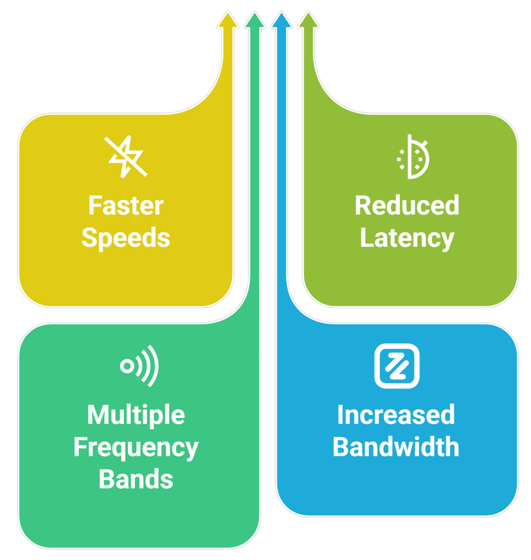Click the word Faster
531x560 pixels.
(x=126, y=206)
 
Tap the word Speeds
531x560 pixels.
(x=126, y=238)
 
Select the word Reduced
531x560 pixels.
(x=407, y=206)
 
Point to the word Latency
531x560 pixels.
(x=407, y=238)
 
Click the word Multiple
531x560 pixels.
(x=136, y=415)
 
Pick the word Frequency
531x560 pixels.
(x=136, y=447)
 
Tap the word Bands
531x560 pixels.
(x=136, y=479)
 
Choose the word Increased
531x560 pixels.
(x=396, y=415)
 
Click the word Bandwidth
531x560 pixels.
(x=396, y=447)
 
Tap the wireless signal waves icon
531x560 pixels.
(x=140, y=366)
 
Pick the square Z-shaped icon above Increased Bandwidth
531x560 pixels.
(x=396, y=366)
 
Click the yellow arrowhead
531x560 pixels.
(x=227, y=20)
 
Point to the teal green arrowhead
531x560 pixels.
(x=254, y=20)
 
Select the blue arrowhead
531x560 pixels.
(x=282, y=20)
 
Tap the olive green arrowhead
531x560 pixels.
(x=309, y=20)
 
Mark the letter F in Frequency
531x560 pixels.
(x=79, y=447)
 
